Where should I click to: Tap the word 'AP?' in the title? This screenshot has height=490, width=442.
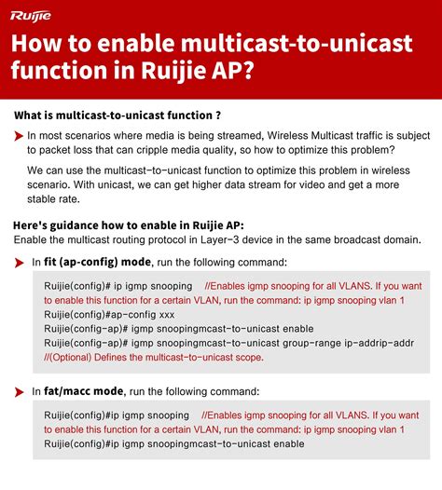(x=231, y=74)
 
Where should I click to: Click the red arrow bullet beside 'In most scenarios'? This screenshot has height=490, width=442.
(x=19, y=137)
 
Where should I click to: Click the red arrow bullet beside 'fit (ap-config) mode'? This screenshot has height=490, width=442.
(x=19, y=263)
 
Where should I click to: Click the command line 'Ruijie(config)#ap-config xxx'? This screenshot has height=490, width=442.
(x=96, y=315)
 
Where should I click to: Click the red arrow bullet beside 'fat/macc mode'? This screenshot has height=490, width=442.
(x=19, y=391)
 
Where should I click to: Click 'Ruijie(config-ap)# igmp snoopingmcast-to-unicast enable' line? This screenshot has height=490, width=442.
(x=178, y=329)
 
